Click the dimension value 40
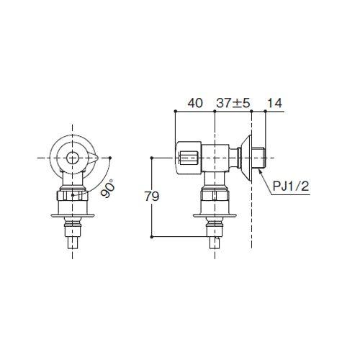coord(194,103)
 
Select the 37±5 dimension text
coord(233,103)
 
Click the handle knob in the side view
coord(189,156)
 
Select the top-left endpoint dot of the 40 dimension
coord(175,111)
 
